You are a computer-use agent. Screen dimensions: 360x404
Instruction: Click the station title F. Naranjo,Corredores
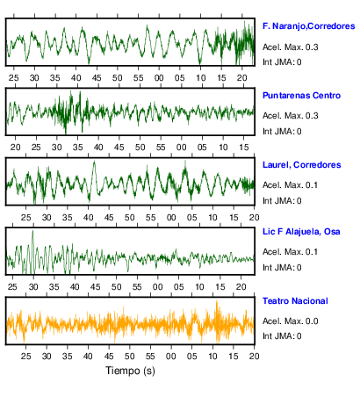point(309,26)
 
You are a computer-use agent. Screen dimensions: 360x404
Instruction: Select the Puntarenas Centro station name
point(301,96)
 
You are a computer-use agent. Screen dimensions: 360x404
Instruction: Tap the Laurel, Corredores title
point(302,165)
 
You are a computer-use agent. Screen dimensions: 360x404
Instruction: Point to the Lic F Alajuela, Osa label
point(301,232)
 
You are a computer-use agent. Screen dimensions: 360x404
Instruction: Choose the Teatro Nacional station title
point(295,301)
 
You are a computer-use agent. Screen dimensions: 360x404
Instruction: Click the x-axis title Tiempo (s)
point(130,371)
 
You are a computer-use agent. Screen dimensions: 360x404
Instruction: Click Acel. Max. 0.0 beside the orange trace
point(290,321)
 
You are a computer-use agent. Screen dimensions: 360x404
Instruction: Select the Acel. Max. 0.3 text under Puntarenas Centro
point(290,116)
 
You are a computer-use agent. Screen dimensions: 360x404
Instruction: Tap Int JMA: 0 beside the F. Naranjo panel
point(282,62)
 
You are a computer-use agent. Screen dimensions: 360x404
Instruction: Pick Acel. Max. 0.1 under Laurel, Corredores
point(290,185)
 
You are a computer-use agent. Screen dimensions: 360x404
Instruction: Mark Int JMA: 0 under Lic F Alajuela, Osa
point(282,268)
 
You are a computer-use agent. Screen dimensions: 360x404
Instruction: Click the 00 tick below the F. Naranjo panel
point(159,78)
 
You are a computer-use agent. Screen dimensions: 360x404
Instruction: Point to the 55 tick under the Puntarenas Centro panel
point(161,148)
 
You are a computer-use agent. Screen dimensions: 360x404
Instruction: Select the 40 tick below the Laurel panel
point(88,218)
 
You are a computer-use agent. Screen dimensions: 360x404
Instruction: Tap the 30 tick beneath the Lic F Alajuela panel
point(33,287)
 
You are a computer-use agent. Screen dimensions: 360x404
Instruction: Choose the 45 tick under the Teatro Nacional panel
point(109,357)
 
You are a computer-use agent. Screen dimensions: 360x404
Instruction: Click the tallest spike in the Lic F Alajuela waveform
point(32,231)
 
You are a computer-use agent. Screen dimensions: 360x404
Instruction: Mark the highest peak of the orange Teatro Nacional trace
point(217,301)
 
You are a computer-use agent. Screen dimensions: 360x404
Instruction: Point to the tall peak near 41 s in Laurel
point(94,162)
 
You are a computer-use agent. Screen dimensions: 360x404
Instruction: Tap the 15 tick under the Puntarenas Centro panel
point(244,148)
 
